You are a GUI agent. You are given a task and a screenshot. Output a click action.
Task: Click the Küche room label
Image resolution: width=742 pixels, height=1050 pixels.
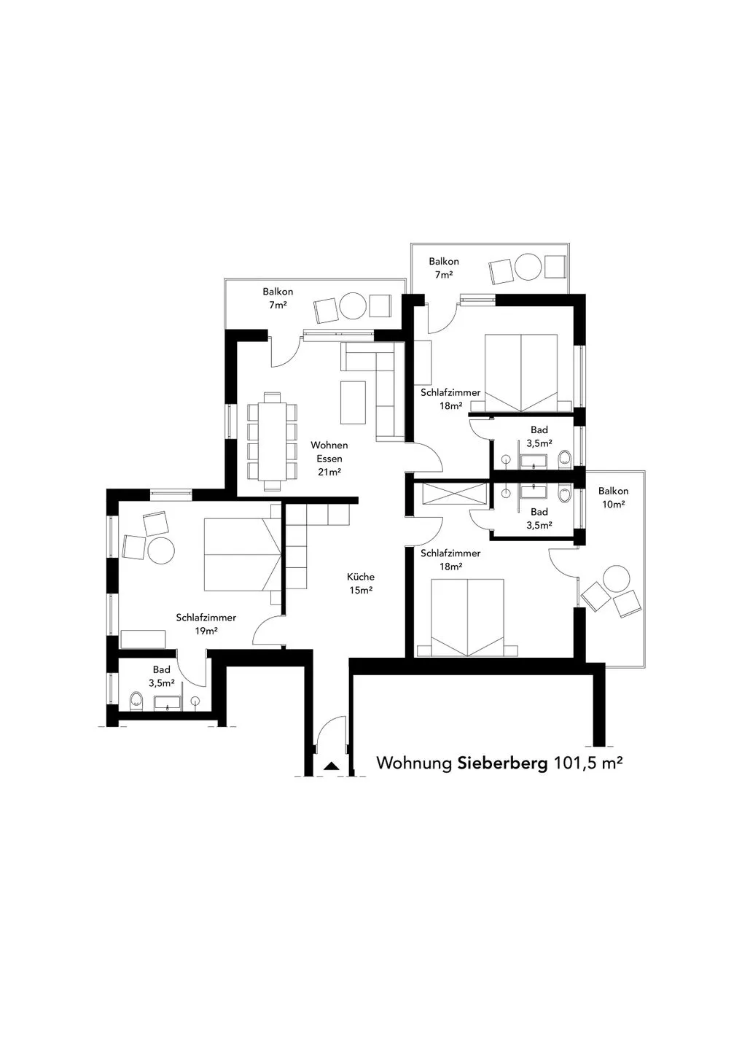tap(361, 583)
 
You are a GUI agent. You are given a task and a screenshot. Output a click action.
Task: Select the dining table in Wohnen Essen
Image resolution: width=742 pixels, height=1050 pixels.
tap(272, 441)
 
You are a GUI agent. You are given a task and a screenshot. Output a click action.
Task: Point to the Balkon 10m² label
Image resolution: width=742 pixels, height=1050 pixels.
tap(613, 497)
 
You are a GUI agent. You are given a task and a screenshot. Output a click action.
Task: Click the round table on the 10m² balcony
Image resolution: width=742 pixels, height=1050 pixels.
tap(616, 579)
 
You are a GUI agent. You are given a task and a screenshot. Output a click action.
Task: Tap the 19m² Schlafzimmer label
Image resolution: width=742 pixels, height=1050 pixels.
tap(206, 624)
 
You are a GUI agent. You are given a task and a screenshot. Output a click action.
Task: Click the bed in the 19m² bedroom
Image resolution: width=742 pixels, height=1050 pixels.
tap(242, 554)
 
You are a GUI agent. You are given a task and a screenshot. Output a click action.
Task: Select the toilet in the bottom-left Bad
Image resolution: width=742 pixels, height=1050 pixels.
tap(136, 701)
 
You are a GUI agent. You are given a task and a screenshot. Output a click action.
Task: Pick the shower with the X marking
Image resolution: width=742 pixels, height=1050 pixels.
tap(454, 493)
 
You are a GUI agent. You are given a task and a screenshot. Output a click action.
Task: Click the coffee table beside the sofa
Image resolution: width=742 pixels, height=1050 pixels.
tap(354, 402)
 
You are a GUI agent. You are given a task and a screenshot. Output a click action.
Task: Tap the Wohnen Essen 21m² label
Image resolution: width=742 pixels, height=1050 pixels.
tap(329, 459)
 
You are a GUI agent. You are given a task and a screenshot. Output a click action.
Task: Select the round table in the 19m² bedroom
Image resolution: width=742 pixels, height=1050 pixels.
tap(161, 551)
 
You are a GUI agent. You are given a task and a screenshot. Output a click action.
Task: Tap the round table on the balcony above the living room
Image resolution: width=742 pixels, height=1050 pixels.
tap(353, 306)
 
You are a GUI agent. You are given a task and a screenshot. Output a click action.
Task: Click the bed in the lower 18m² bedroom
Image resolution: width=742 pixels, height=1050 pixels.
tap(467, 618)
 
